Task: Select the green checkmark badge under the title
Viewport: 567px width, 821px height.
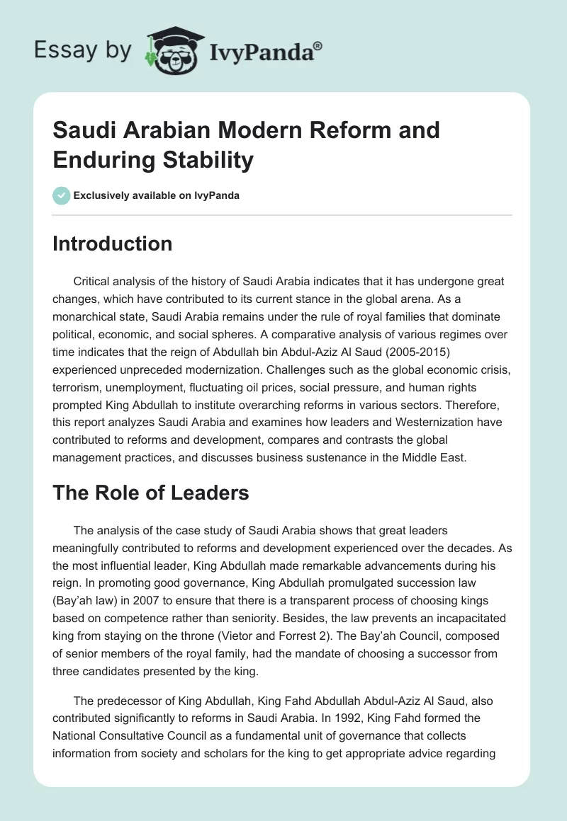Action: [62, 195]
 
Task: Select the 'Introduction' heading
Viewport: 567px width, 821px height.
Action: [113, 243]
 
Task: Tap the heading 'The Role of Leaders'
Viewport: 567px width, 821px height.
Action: [151, 493]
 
